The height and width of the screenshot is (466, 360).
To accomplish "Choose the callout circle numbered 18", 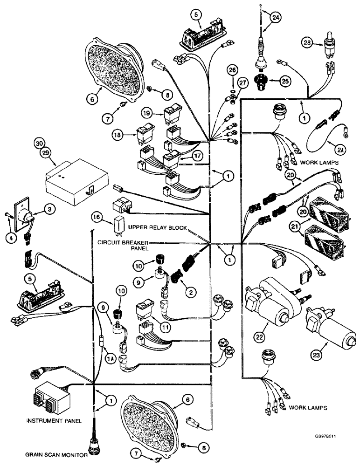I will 118,134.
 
